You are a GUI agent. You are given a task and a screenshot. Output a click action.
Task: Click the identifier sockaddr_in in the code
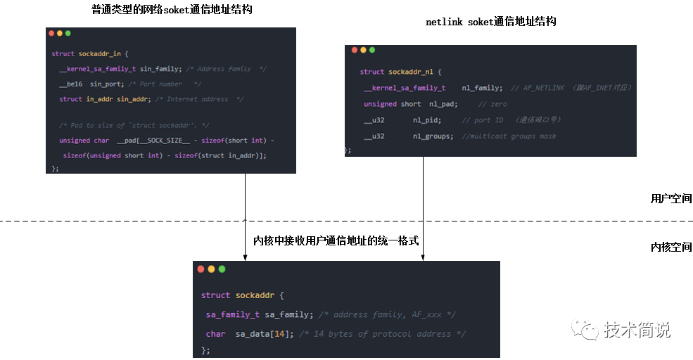pos(98,53)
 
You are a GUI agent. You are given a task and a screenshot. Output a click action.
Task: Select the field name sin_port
pos(106,84)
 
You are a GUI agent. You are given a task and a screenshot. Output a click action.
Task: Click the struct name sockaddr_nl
pos(415,72)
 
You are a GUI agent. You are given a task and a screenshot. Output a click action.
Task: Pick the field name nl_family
pos(482,88)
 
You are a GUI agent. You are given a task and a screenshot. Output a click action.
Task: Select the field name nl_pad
pos(443,104)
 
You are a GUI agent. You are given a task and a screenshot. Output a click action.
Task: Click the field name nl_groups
pos(433,136)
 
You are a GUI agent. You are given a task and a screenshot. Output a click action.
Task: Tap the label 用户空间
pos(670,199)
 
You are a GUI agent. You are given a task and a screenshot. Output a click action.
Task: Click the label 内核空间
pos(670,247)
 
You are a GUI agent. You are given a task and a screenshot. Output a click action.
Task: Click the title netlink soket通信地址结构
pos(491,22)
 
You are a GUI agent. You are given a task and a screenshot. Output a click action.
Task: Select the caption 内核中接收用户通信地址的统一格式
pos(336,241)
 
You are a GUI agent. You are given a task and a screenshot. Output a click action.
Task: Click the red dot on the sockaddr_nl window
pos(353,50)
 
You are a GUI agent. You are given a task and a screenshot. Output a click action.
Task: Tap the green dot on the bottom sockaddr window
pos(222,269)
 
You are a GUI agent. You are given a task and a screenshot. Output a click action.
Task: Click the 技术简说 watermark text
pos(637,330)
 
